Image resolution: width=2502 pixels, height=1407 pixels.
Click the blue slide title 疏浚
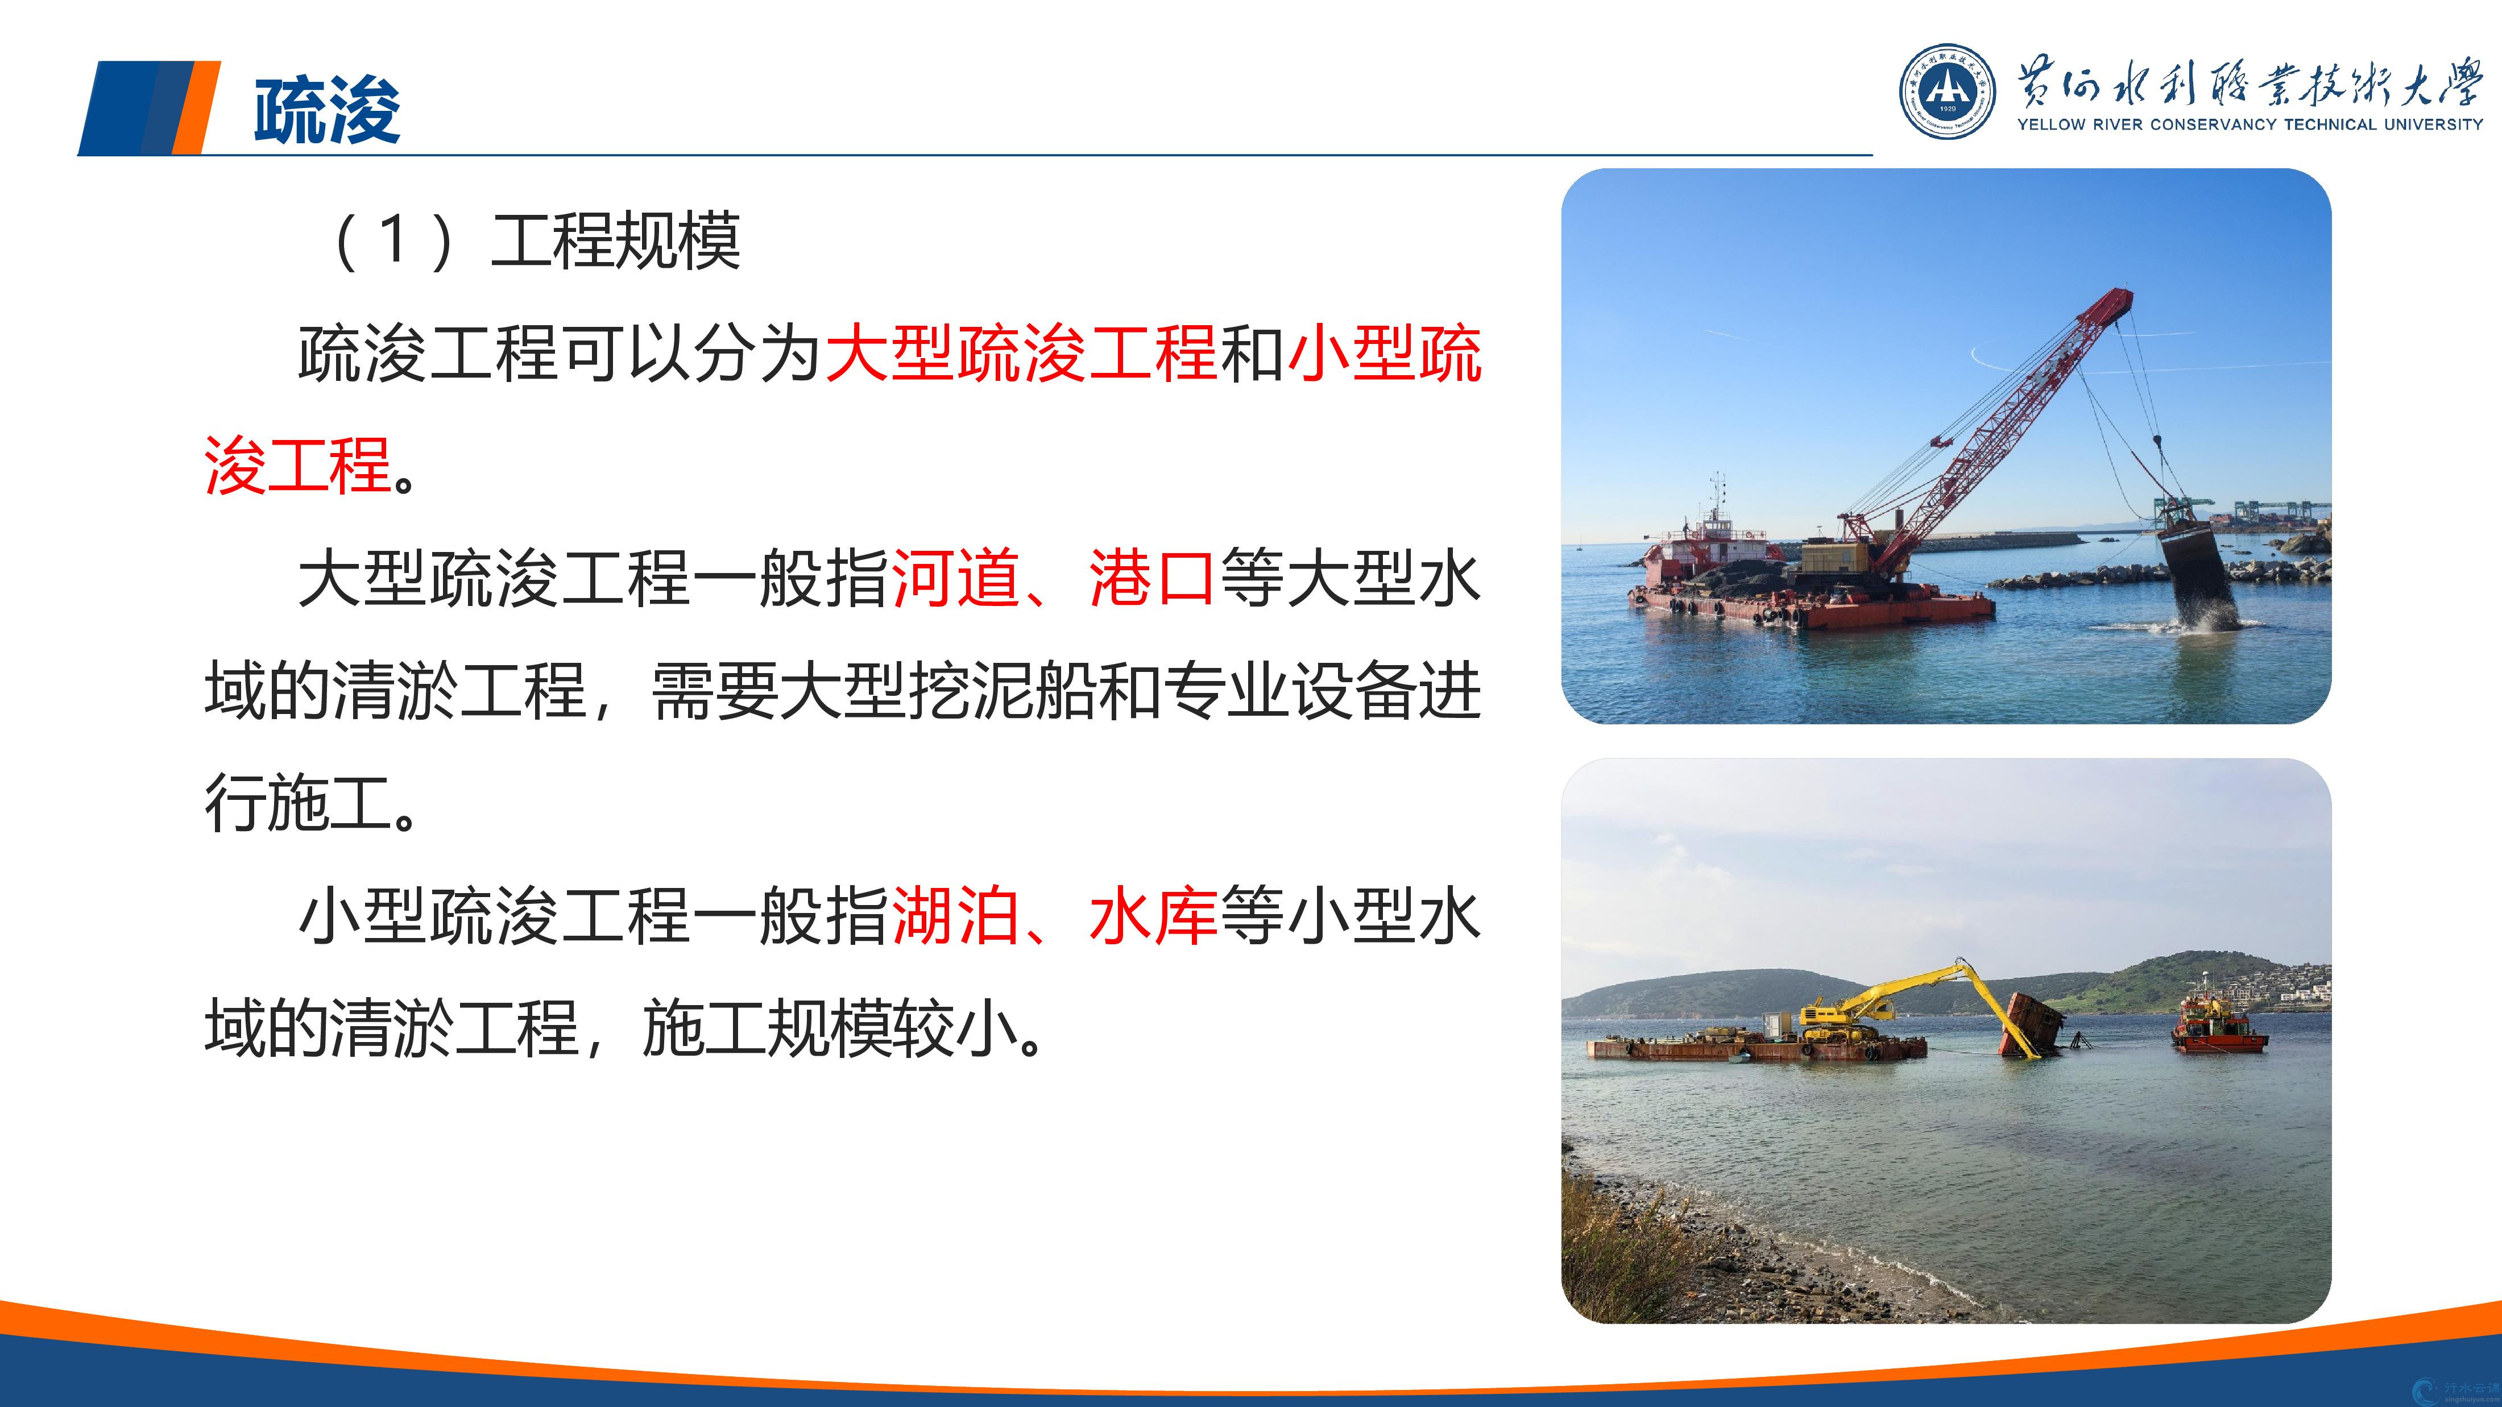328,110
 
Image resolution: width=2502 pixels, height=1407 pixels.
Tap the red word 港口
1152,579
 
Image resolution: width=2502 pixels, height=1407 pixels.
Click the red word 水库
1152,916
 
